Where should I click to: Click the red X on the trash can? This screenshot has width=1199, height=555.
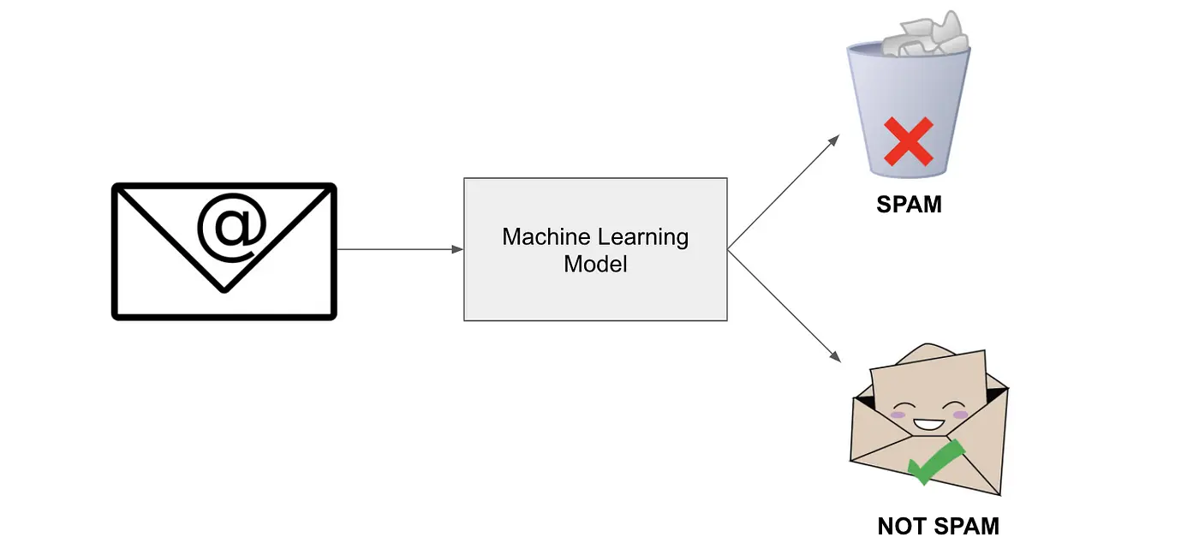pos(908,141)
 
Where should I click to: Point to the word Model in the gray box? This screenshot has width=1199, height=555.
pos(595,265)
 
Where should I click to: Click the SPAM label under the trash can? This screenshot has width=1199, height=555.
pos(909,205)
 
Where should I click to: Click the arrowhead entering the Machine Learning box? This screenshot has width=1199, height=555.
pos(457,249)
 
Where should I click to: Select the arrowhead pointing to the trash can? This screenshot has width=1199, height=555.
pos(835,140)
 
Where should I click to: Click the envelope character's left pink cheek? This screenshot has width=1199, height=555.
pos(898,415)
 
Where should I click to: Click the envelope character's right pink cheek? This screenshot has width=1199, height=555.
pos(961,415)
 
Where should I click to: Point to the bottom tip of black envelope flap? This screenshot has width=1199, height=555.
pos(224,289)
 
